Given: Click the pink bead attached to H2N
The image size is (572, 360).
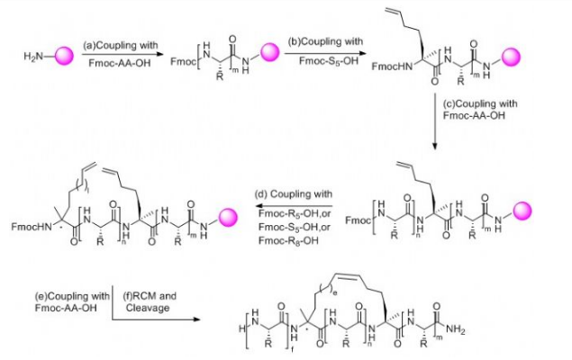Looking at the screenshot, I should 65,58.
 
